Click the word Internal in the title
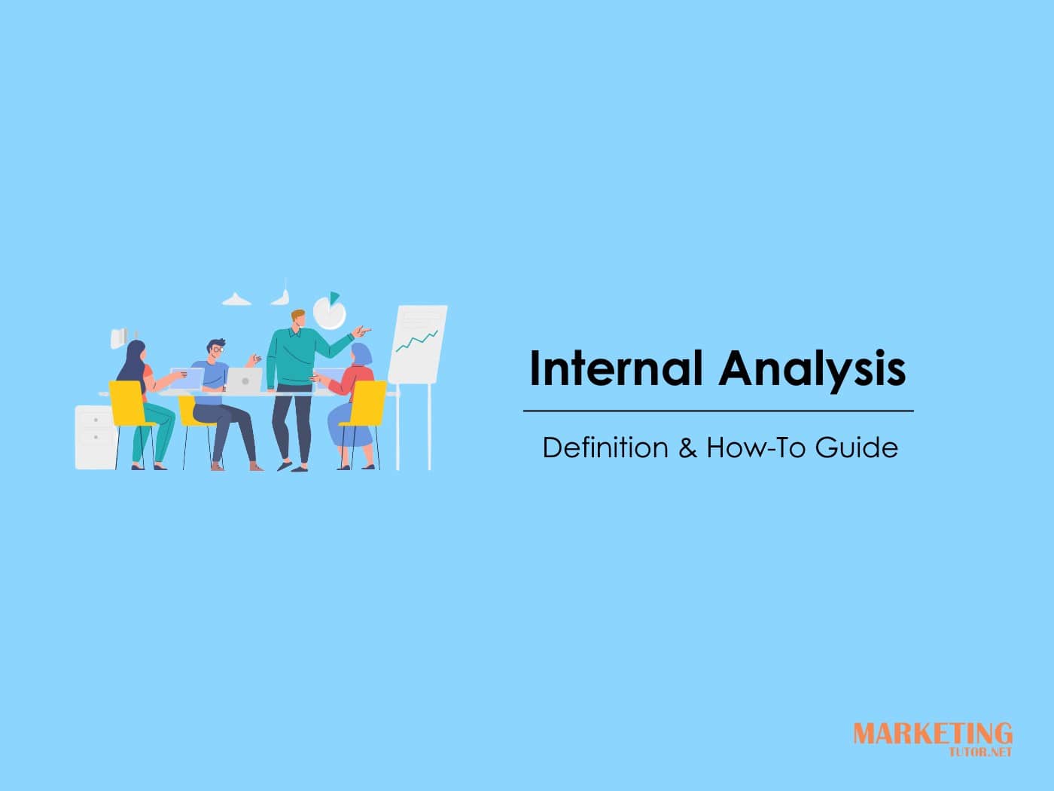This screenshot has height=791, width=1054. pyautogui.click(x=615, y=368)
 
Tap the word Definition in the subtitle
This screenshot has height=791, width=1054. pyautogui.click(x=605, y=447)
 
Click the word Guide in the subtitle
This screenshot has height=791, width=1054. pyautogui.click(x=857, y=447)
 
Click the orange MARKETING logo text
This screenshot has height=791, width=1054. pyautogui.click(x=932, y=733)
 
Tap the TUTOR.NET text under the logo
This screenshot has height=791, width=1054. pyautogui.click(x=981, y=751)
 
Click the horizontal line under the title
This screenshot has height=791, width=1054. pyautogui.click(x=718, y=411)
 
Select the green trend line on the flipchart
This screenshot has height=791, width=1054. pyautogui.click(x=416, y=341)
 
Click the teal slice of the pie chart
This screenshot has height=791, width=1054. pyautogui.click(x=334, y=298)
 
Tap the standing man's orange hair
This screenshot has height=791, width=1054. pyautogui.click(x=297, y=314)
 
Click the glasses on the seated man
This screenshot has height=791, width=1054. pyautogui.click(x=217, y=350)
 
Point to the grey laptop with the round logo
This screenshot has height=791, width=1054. pyautogui.click(x=245, y=380)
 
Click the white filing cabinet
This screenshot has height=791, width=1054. pyautogui.click(x=95, y=437)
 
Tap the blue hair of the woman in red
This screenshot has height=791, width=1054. pyautogui.click(x=361, y=353)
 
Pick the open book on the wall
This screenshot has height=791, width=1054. pyautogui.click(x=118, y=337)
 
